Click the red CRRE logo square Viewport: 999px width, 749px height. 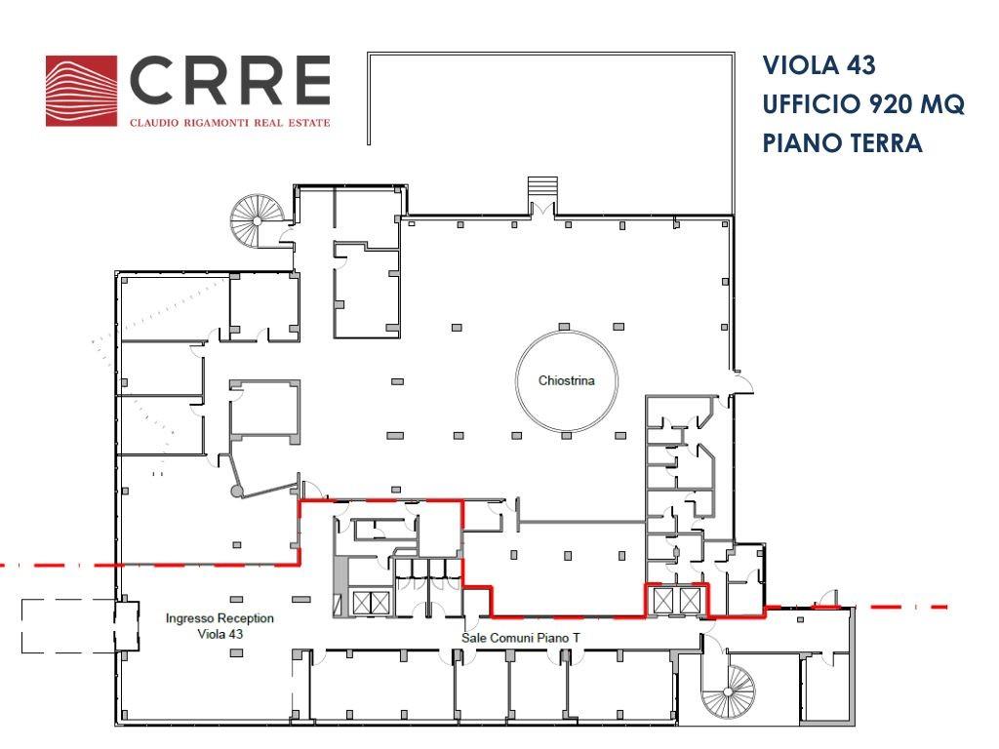(82, 91)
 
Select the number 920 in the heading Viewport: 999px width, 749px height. (882, 103)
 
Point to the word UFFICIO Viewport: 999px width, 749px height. (804, 103)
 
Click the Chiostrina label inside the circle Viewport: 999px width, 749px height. (567, 380)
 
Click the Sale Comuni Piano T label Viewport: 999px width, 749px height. (521, 638)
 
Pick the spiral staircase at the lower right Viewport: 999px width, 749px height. (728, 692)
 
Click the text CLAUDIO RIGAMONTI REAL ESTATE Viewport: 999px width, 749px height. (230, 122)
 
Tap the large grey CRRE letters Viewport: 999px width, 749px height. (230, 80)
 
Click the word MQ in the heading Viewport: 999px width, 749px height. (941, 103)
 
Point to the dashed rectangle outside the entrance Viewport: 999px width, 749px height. (68, 626)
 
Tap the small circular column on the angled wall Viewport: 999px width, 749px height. (236, 491)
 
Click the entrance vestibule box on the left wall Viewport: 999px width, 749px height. (126, 625)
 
